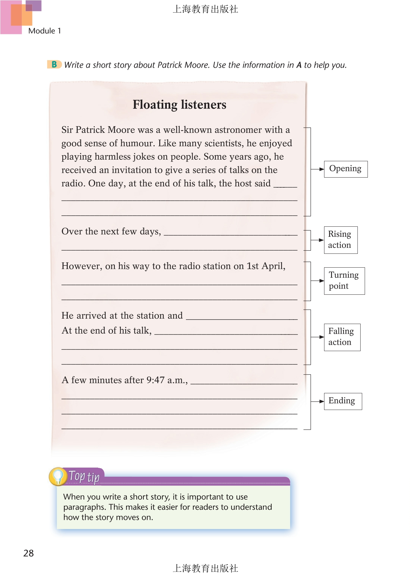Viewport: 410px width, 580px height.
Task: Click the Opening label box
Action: pos(345,169)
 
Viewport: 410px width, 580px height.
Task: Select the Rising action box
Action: pos(340,240)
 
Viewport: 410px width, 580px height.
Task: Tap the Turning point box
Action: pos(344,281)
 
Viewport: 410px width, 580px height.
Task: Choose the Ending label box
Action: pos(343,401)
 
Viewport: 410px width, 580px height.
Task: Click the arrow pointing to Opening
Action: pos(318,169)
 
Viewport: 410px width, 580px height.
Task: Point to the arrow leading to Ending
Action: pos(318,401)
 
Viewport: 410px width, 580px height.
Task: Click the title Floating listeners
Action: pos(179,105)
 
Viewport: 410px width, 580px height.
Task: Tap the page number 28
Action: pos(29,553)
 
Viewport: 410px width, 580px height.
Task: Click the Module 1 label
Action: pos(44,31)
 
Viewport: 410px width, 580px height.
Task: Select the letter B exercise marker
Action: pos(54,65)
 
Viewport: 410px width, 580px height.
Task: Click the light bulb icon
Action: pos(58,476)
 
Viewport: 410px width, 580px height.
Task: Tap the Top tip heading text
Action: pos(84,476)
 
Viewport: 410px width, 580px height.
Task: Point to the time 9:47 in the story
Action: pos(155,380)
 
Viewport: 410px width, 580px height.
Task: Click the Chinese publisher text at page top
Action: pos(205,9)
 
